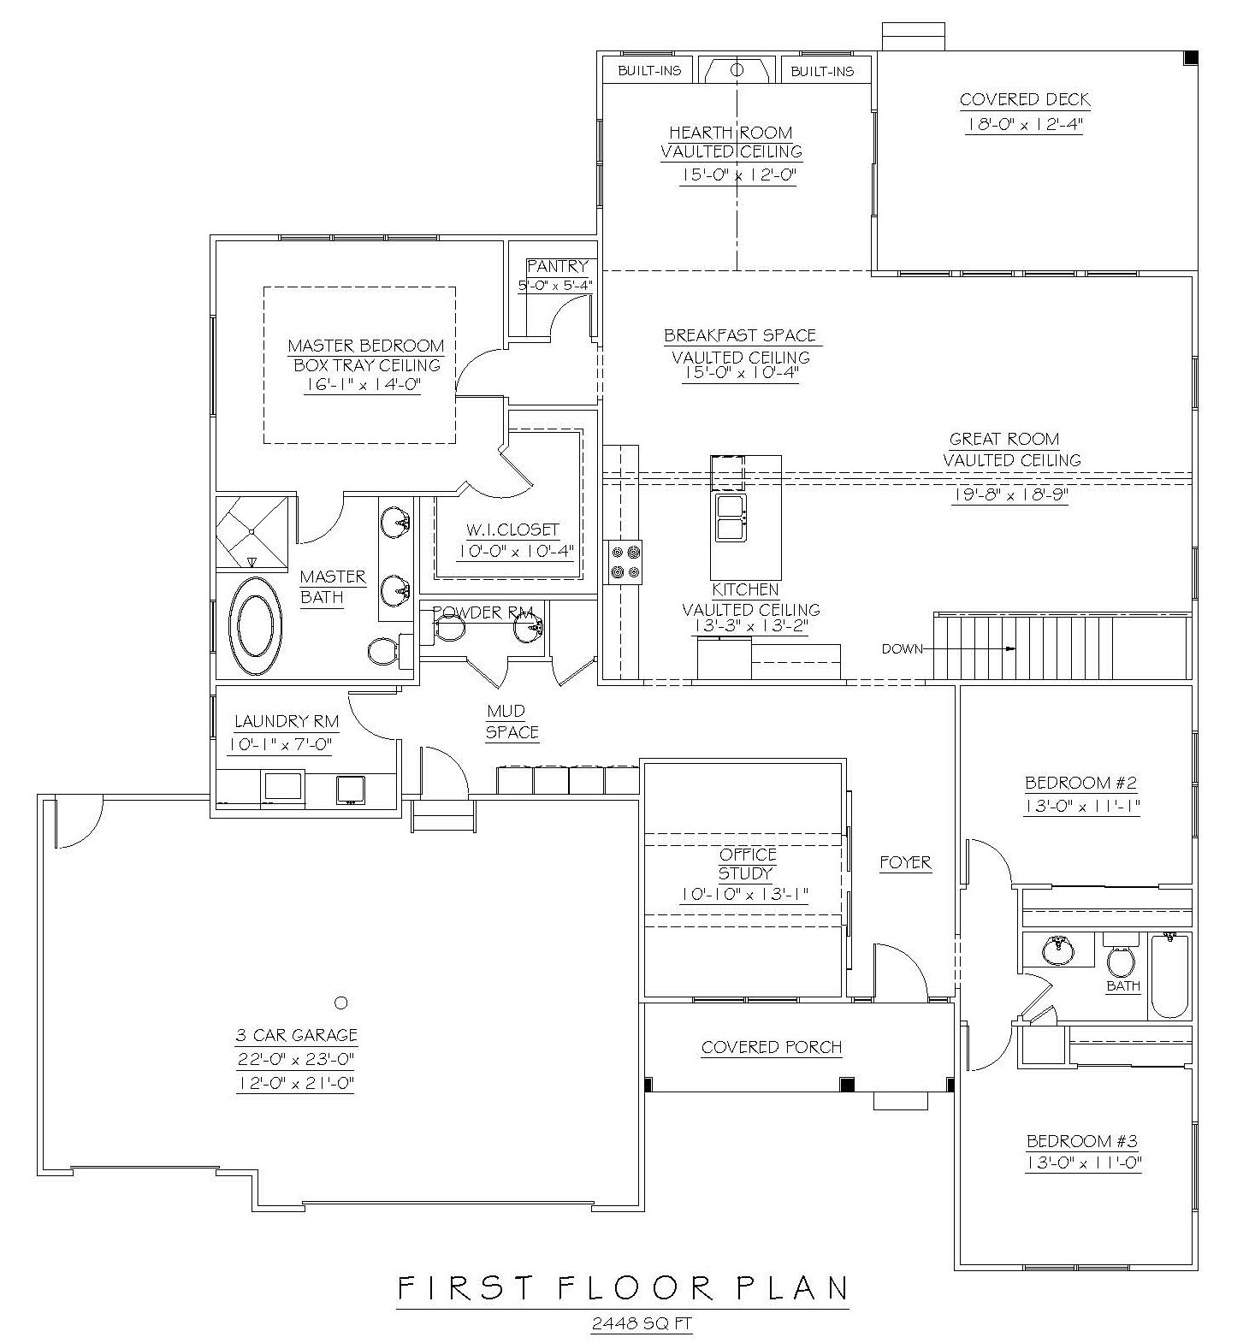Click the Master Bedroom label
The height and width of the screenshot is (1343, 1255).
(x=365, y=346)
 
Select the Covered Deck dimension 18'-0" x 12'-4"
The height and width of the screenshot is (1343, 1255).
(x=1025, y=124)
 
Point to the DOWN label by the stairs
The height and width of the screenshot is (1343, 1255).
(x=902, y=649)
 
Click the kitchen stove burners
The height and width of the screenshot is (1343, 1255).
(x=623, y=563)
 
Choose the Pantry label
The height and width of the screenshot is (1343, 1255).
(x=557, y=267)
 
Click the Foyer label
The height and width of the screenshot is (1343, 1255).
(x=905, y=863)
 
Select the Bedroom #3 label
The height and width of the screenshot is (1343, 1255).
(x=1081, y=1141)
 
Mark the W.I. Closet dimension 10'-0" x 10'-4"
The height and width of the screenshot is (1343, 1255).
(x=508, y=552)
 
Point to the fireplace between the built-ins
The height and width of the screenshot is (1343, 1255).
(x=737, y=69)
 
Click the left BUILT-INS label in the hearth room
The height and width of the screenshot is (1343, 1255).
(x=649, y=71)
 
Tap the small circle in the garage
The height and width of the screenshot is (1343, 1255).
(x=340, y=1002)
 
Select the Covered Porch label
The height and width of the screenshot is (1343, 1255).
(x=771, y=1047)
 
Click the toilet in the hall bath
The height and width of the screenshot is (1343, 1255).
(x=1121, y=961)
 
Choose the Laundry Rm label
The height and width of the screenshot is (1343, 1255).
(x=286, y=721)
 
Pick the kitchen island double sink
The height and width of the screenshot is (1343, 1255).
(x=728, y=517)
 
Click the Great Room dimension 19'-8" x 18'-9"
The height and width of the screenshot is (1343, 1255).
(x=1009, y=494)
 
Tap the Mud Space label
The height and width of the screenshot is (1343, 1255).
(x=512, y=722)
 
